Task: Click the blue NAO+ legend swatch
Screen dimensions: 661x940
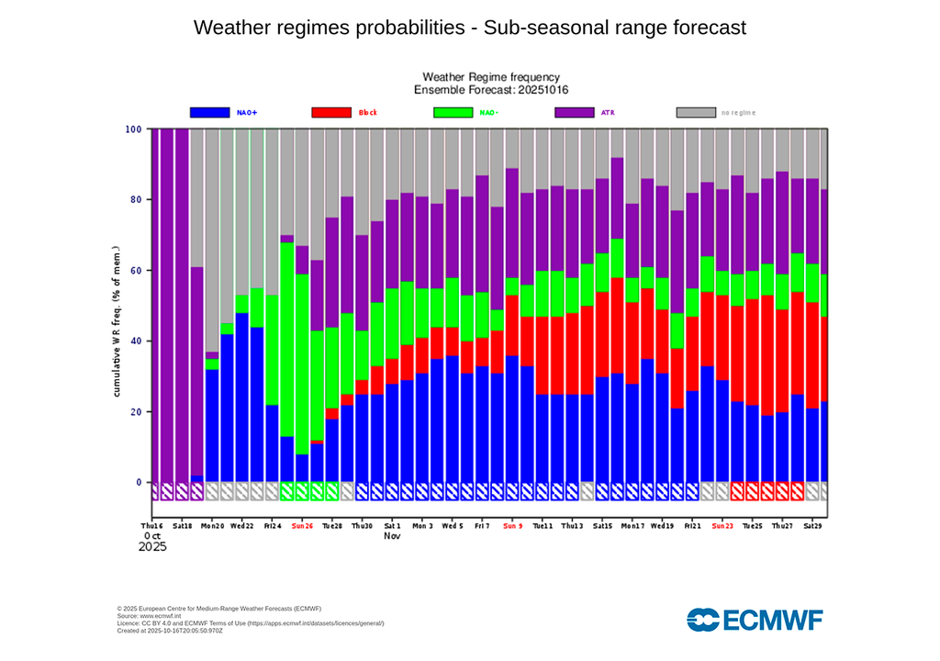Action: coord(209,112)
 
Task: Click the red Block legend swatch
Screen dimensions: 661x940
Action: coord(331,112)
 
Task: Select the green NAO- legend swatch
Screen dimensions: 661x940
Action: coord(453,112)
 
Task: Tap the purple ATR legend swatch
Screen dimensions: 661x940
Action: coord(575,112)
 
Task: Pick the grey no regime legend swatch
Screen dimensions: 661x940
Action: coord(696,112)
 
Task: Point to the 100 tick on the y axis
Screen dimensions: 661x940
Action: coord(132,129)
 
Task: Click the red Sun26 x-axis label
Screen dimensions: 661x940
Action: coord(302,527)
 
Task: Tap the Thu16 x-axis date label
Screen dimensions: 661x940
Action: coord(152,527)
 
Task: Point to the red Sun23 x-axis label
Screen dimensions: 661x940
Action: coord(722,527)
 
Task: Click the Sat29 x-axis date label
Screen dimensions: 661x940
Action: coord(812,527)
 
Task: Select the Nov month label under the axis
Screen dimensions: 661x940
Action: coord(391,536)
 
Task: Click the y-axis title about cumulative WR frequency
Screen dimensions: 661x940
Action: coord(117,321)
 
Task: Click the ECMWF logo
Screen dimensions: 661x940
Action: coord(755,620)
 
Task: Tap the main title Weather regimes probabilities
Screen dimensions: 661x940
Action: coord(470,28)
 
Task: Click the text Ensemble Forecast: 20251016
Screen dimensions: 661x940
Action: coord(490,91)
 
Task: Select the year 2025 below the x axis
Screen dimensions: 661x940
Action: coord(152,546)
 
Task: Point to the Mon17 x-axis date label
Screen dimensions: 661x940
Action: coord(632,527)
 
